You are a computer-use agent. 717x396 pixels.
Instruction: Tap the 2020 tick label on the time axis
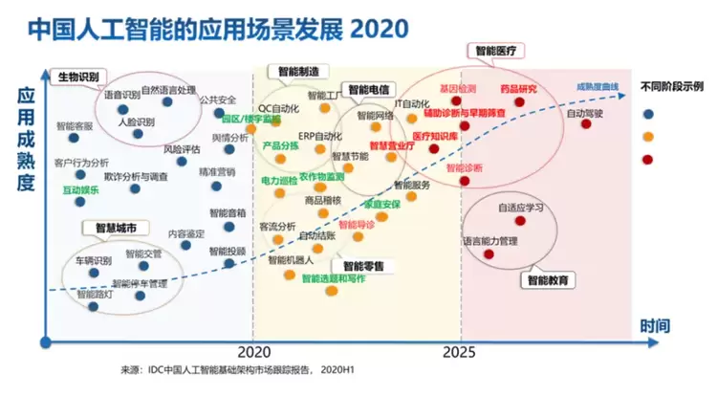[252, 351]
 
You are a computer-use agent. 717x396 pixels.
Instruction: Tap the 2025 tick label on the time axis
[462, 351]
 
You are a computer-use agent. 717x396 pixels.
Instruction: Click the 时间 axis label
[655, 326]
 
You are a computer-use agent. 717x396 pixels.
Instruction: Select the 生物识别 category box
[79, 76]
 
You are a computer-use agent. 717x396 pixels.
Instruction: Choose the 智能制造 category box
[297, 71]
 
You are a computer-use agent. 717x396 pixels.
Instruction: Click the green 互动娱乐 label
[81, 190]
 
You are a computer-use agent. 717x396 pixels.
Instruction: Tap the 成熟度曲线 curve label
[597, 87]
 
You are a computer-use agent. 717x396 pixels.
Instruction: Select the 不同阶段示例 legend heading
[673, 87]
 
